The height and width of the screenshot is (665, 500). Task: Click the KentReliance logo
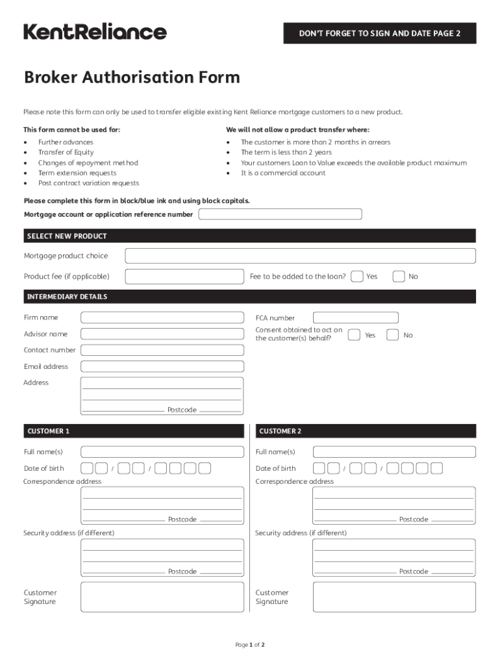pos(95,32)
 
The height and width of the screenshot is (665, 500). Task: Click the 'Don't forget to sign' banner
pos(379,33)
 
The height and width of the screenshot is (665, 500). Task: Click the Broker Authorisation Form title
pos(132,78)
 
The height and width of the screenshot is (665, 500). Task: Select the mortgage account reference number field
pos(280,214)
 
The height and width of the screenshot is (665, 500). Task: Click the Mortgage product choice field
pos(300,256)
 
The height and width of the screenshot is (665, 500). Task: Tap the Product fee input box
pos(184,277)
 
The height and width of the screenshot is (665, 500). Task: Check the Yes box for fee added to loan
pos(357,277)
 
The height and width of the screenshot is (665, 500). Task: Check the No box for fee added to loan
pos(399,277)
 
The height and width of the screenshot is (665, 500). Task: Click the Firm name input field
pos(162,318)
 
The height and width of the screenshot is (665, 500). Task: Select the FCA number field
pos(355,318)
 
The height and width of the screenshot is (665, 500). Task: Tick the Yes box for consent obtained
pos(354,335)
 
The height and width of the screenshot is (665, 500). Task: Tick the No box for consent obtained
pos(393,335)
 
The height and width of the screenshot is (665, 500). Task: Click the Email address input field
pos(162,366)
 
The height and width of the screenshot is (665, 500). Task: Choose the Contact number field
pos(162,350)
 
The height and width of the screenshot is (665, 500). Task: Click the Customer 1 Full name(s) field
pos(162,452)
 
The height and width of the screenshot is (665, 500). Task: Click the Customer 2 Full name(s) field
pos(394,452)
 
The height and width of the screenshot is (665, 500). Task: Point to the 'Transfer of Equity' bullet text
pos(66,153)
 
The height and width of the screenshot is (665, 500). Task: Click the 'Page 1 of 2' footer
pos(249,645)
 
